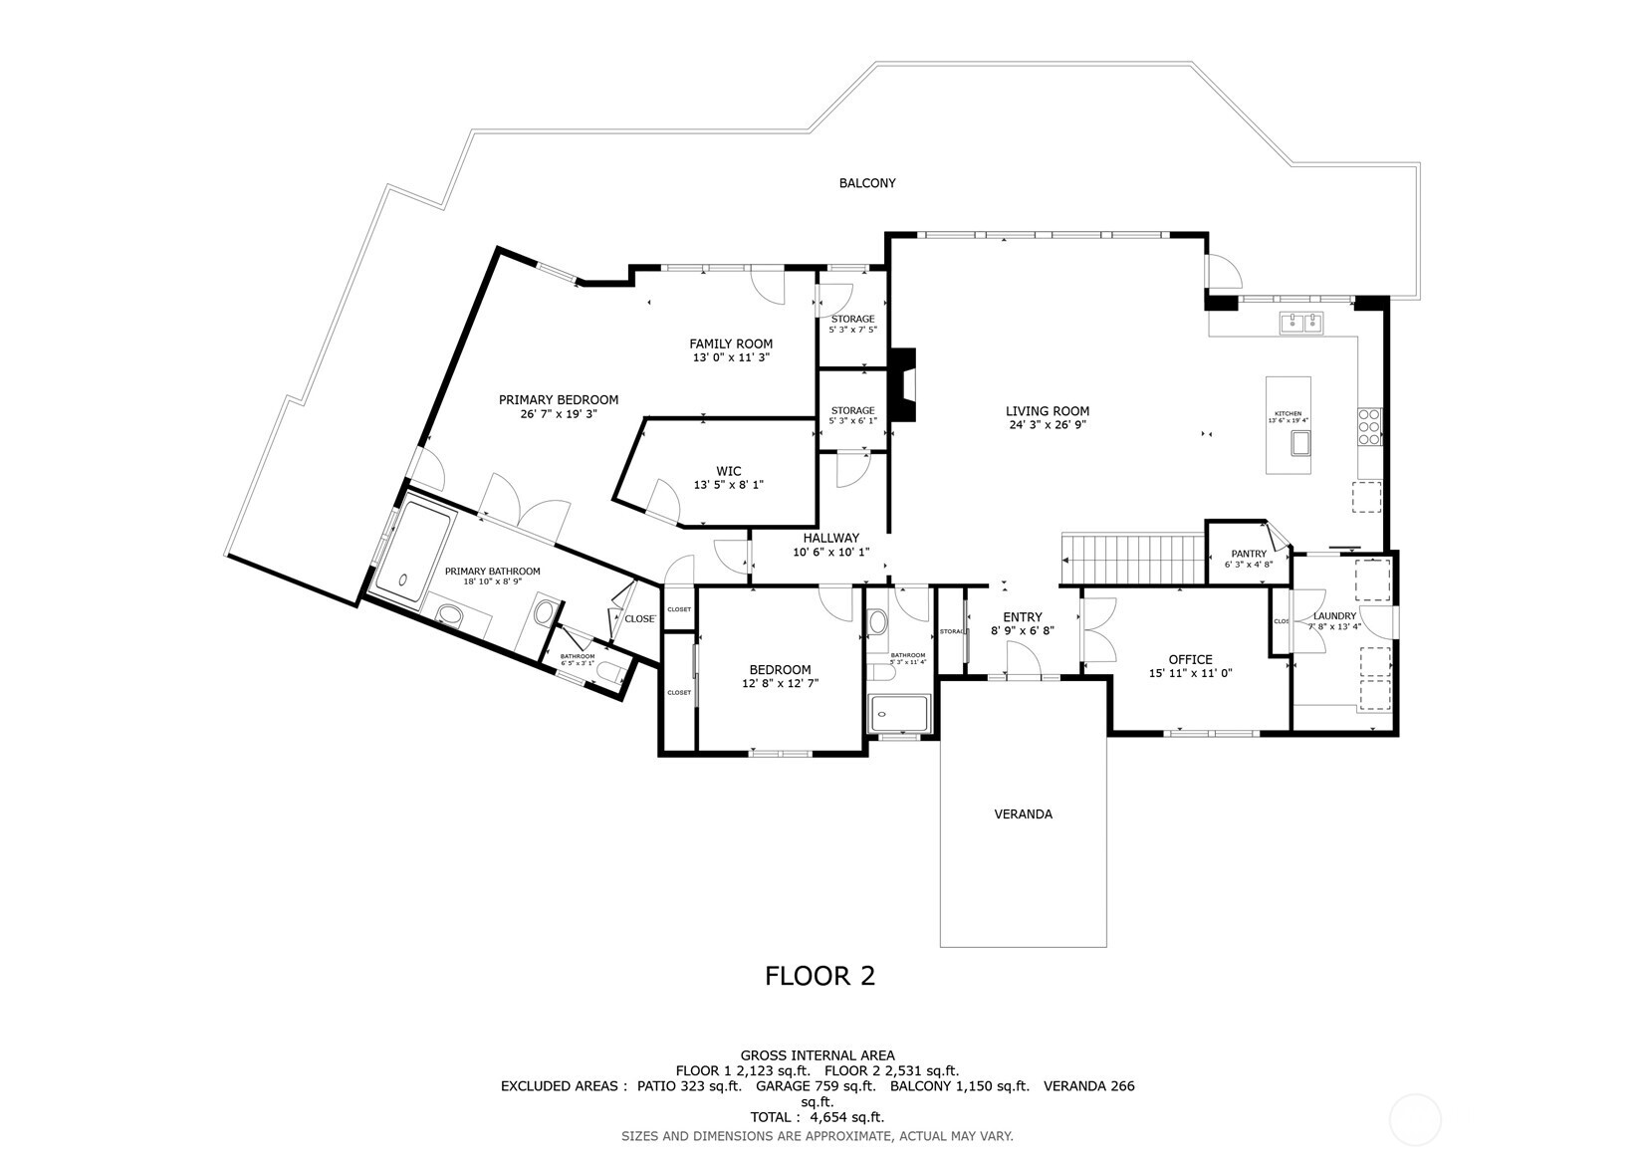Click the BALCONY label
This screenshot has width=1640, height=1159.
pyautogui.click(x=866, y=183)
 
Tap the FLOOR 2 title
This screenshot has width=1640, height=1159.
pyautogui.click(x=820, y=976)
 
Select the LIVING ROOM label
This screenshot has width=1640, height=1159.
pyautogui.click(x=1047, y=410)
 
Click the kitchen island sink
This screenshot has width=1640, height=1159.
pyautogui.click(x=1300, y=443)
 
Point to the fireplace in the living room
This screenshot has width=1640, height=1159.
pyautogui.click(x=902, y=384)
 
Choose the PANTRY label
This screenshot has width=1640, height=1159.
pyautogui.click(x=1248, y=554)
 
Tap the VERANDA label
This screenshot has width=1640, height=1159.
pyautogui.click(x=1023, y=813)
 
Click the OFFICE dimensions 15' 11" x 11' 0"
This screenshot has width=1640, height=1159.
pyautogui.click(x=1190, y=674)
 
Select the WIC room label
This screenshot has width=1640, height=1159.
pyautogui.click(x=728, y=471)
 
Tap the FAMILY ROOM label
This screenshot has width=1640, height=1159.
pyautogui.click(x=731, y=344)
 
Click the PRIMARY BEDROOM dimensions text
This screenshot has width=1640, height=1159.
pyautogui.click(x=558, y=414)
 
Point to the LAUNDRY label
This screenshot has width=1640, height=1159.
pyautogui.click(x=1334, y=616)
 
